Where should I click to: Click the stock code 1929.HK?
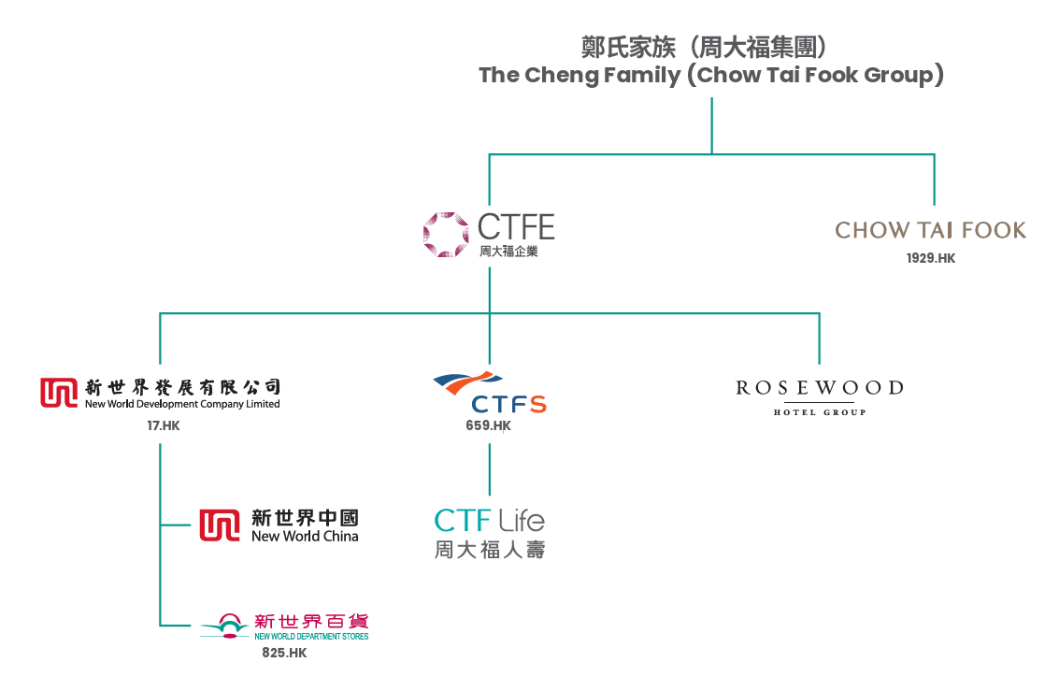(931, 258)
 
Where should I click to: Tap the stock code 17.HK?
(164, 425)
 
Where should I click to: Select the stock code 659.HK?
(488, 425)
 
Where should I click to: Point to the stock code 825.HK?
(284, 653)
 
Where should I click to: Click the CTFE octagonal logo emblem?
(446, 235)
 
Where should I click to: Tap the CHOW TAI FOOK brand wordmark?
(931, 230)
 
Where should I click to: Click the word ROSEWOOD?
(820, 388)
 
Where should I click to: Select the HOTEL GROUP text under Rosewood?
(820, 412)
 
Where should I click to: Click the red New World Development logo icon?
(59, 393)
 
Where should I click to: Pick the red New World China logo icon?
(220, 525)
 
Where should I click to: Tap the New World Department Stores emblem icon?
(226, 626)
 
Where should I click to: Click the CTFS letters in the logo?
(508, 404)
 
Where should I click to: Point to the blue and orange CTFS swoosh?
(467, 382)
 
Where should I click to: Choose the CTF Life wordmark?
(489, 520)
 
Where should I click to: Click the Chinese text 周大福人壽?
(489, 550)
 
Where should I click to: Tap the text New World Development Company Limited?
(182, 404)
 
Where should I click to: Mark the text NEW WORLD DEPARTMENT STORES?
(311, 636)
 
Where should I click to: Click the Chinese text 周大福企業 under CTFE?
(508, 252)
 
